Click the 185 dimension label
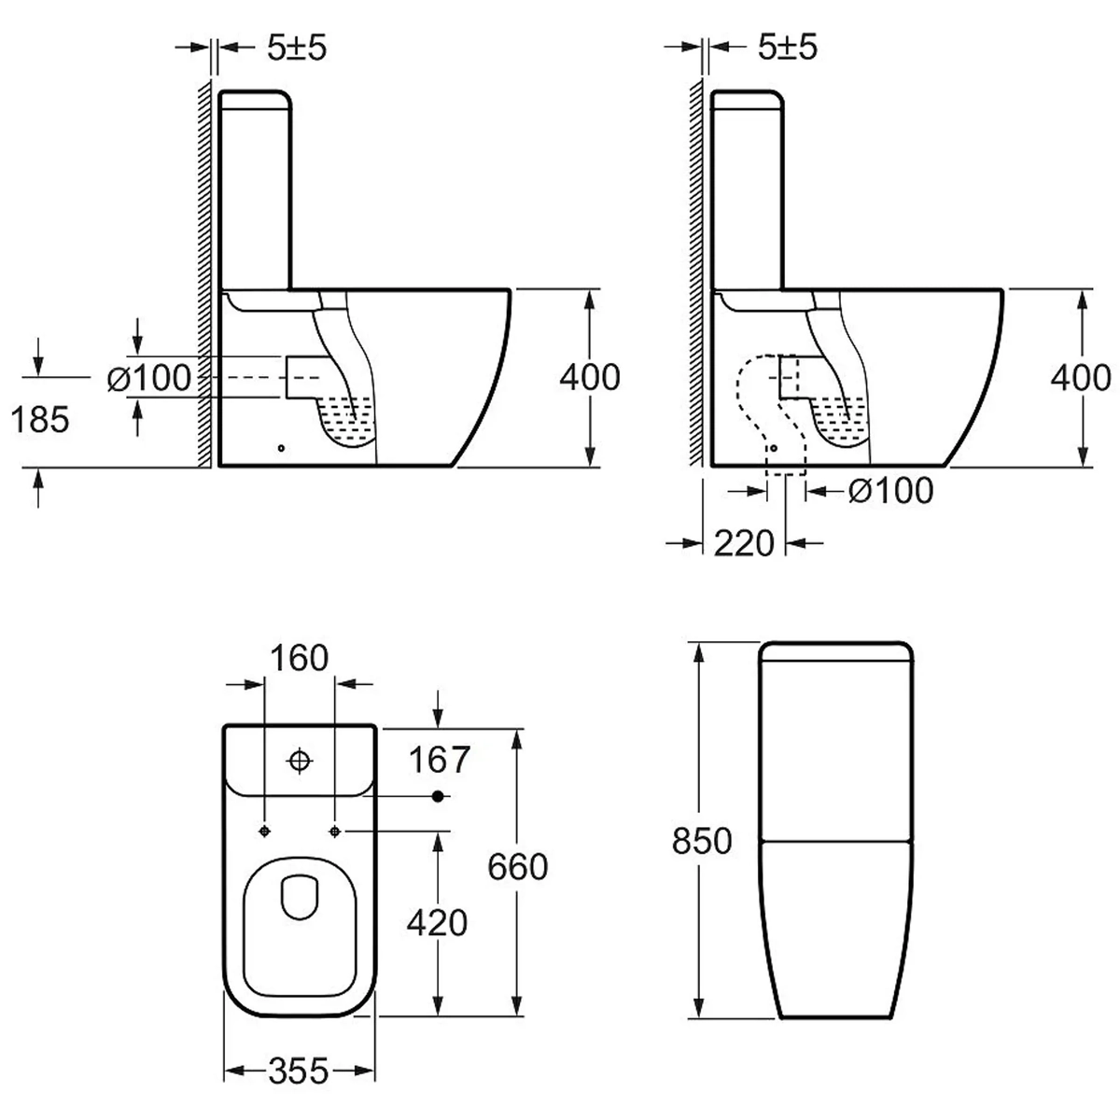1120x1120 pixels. (40, 420)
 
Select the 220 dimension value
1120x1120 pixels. (744, 543)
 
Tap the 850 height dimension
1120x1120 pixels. (702, 841)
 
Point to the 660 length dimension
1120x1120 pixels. (517, 866)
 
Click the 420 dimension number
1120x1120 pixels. (437, 922)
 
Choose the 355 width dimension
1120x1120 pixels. (299, 1071)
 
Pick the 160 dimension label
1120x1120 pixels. (300, 658)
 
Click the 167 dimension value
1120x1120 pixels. (439, 760)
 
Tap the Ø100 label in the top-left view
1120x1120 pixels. (148, 378)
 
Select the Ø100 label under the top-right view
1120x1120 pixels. (890, 491)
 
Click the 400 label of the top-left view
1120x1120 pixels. (589, 377)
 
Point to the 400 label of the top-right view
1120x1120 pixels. (1081, 377)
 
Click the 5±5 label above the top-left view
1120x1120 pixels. (297, 47)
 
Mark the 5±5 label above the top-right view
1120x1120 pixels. (788, 47)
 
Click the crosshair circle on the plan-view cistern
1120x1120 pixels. (300, 761)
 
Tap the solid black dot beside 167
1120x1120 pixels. (439, 796)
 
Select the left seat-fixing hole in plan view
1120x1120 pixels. (264, 832)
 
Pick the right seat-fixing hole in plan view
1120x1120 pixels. (334, 832)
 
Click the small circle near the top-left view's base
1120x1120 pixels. (281, 448)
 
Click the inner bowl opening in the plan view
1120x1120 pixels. (300, 897)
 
